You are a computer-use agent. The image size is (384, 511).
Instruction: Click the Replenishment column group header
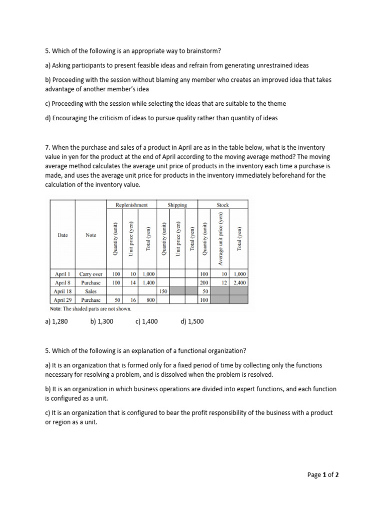click(131, 205)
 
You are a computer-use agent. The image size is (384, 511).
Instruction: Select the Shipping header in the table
click(177, 205)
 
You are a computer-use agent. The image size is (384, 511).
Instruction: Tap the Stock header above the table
click(223, 205)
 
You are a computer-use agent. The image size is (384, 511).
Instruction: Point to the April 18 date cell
click(62, 291)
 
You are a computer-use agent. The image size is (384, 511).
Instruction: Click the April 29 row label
click(62, 300)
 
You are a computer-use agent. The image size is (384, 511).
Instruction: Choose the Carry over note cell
click(90, 274)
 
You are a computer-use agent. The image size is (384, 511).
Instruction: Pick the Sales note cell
click(90, 291)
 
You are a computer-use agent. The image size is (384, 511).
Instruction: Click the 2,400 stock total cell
click(239, 283)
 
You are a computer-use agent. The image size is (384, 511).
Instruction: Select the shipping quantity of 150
click(162, 291)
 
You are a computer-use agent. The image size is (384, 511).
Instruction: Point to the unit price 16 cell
click(132, 300)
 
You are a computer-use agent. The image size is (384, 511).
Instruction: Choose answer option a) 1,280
click(56, 321)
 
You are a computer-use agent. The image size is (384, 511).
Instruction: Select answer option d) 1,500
click(192, 321)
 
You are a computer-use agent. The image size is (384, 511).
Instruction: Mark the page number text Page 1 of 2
click(323, 475)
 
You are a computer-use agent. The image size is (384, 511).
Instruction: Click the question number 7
click(47, 148)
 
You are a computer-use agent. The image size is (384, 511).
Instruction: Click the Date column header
click(62, 235)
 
